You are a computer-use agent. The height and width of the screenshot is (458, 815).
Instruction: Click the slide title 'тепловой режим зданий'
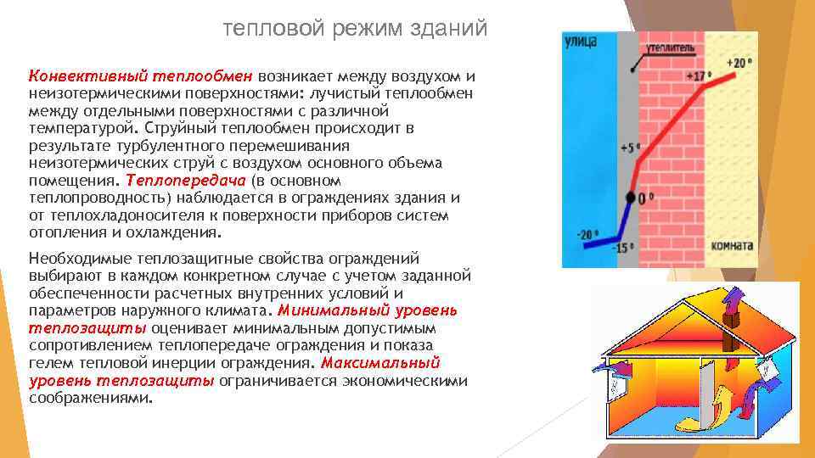(355, 29)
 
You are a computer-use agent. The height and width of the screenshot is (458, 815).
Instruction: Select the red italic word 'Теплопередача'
(186, 181)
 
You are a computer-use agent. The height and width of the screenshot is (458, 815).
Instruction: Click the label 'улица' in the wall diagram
(580, 42)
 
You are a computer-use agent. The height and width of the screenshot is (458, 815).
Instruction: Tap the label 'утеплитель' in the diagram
(670, 47)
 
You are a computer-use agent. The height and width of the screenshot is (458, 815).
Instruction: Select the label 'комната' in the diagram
(733, 246)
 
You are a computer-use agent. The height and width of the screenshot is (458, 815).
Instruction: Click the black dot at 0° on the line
(630, 198)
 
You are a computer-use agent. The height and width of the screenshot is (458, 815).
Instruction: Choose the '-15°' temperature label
(624, 249)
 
